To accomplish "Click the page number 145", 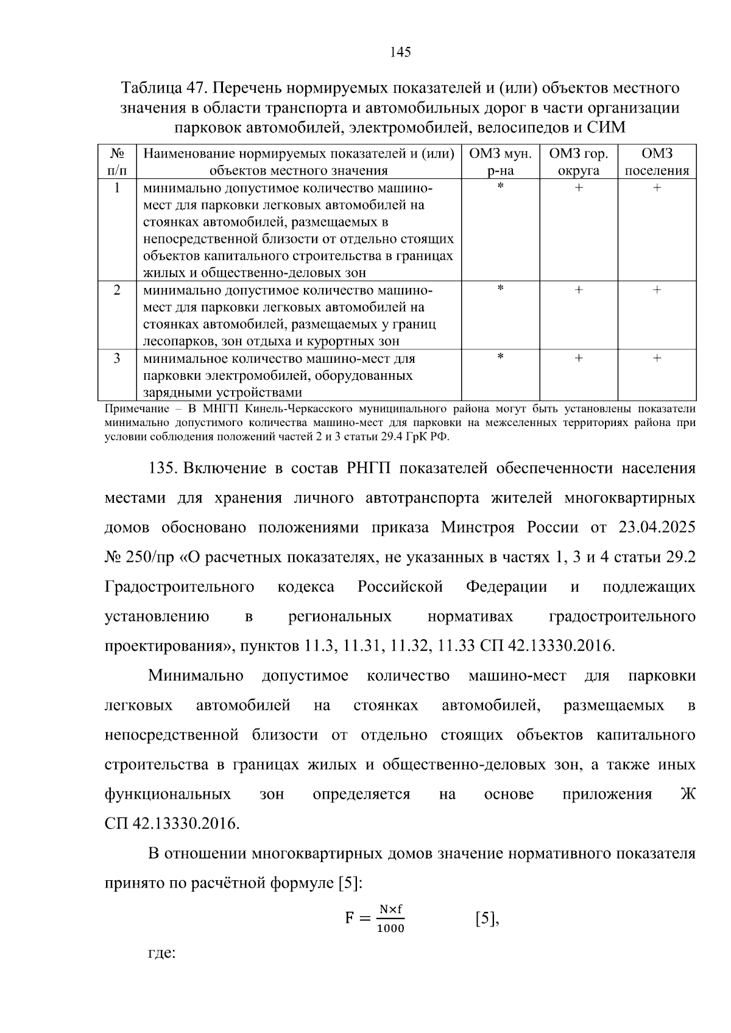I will [x=400, y=52].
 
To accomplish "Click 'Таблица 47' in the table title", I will [x=160, y=88].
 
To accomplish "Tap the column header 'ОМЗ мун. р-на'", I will [x=500, y=162].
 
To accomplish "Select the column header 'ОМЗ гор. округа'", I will [x=578, y=162].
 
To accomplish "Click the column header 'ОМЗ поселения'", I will [x=657, y=162].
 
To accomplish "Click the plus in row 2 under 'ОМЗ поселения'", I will [x=657, y=290].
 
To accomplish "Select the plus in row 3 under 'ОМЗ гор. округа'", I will [x=578, y=359].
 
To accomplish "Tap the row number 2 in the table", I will [x=117, y=290].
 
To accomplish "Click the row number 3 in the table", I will [x=117, y=359].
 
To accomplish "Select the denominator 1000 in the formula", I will [x=390, y=929].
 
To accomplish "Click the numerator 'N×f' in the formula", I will [x=390, y=909].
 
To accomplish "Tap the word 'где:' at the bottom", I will [x=162, y=952].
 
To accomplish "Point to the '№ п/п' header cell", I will [x=117, y=162].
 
